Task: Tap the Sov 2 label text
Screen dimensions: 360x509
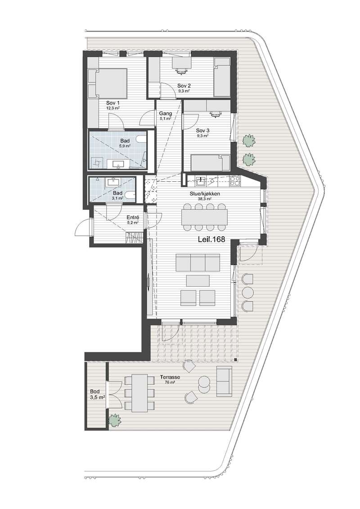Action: click(184, 86)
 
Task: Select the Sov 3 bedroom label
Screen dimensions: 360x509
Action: click(202, 131)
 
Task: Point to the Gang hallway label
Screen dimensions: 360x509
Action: click(165, 113)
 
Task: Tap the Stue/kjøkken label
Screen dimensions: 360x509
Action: click(205, 194)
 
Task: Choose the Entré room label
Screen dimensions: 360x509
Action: click(133, 217)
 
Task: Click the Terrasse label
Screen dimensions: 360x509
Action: click(170, 378)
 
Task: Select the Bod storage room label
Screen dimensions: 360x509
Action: click(95, 392)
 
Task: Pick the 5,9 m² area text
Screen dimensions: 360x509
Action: click(125, 146)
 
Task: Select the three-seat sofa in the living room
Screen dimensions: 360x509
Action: click(198, 263)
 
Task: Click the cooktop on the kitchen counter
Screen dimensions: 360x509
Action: click(234, 181)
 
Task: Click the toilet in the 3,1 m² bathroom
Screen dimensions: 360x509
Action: click(130, 196)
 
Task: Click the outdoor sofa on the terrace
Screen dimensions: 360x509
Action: click(224, 382)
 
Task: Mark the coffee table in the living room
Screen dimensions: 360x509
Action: click(198, 281)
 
